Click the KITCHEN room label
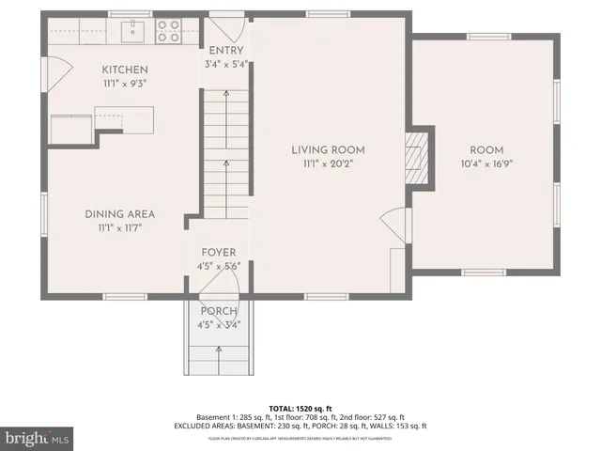(x=125, y=70)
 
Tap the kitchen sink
(x=134, y=31)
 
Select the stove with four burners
(x=168, y=31)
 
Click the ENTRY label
(x=226, y=51)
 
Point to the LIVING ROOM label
(x=328, y=149)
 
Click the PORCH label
(x=219, y=312)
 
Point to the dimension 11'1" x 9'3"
(x=125, y=83)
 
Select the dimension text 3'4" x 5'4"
(x=226, y=64)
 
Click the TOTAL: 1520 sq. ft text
(x=299, y=407)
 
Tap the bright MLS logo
(x=38, y=439)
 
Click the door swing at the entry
(x=224, y=25)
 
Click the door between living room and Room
(x=397, y=225)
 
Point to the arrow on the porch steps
(x=219, y=356)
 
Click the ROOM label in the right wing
(x=486, y=150)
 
